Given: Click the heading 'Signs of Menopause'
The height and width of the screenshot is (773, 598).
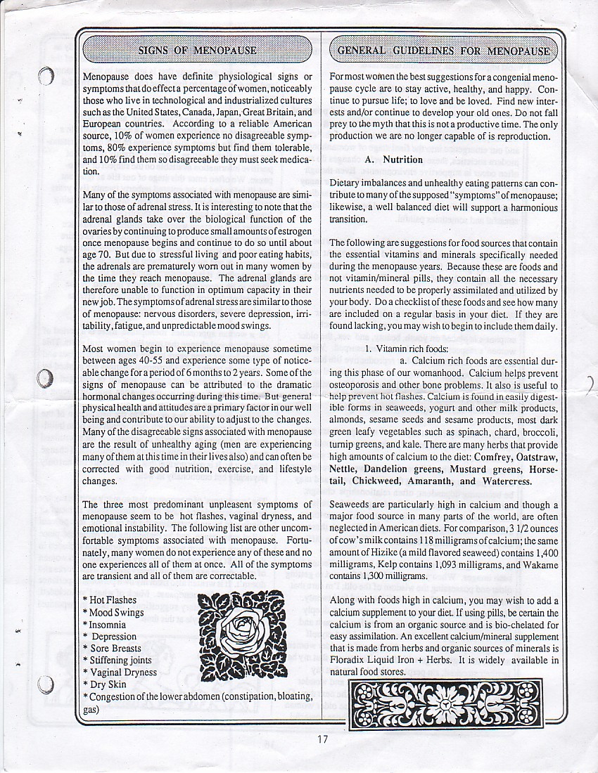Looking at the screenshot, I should (197, 51).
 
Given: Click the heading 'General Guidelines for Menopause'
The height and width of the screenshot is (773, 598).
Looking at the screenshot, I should (443, 51).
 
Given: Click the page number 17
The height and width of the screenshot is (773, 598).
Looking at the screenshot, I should (322, 738).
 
